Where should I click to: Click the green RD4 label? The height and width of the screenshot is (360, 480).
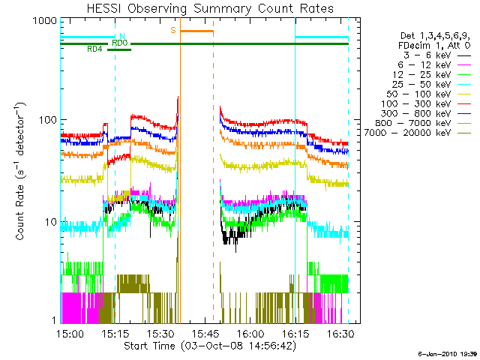94,49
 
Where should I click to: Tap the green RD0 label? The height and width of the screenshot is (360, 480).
119,43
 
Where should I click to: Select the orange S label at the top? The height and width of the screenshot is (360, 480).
173,31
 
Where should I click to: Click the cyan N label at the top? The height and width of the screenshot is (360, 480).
121,36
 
